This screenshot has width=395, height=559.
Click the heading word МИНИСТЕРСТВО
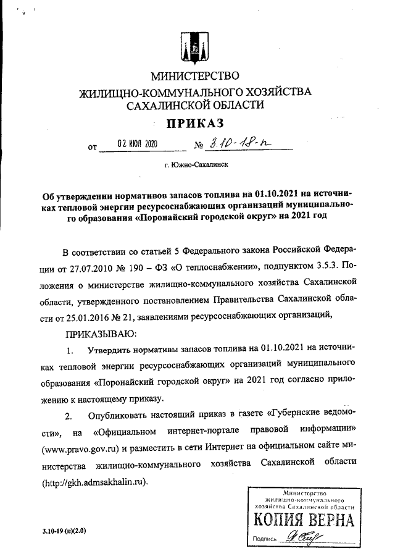(x=194, y=77)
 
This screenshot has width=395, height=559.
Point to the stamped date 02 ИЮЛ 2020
(x=138, y=145)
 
